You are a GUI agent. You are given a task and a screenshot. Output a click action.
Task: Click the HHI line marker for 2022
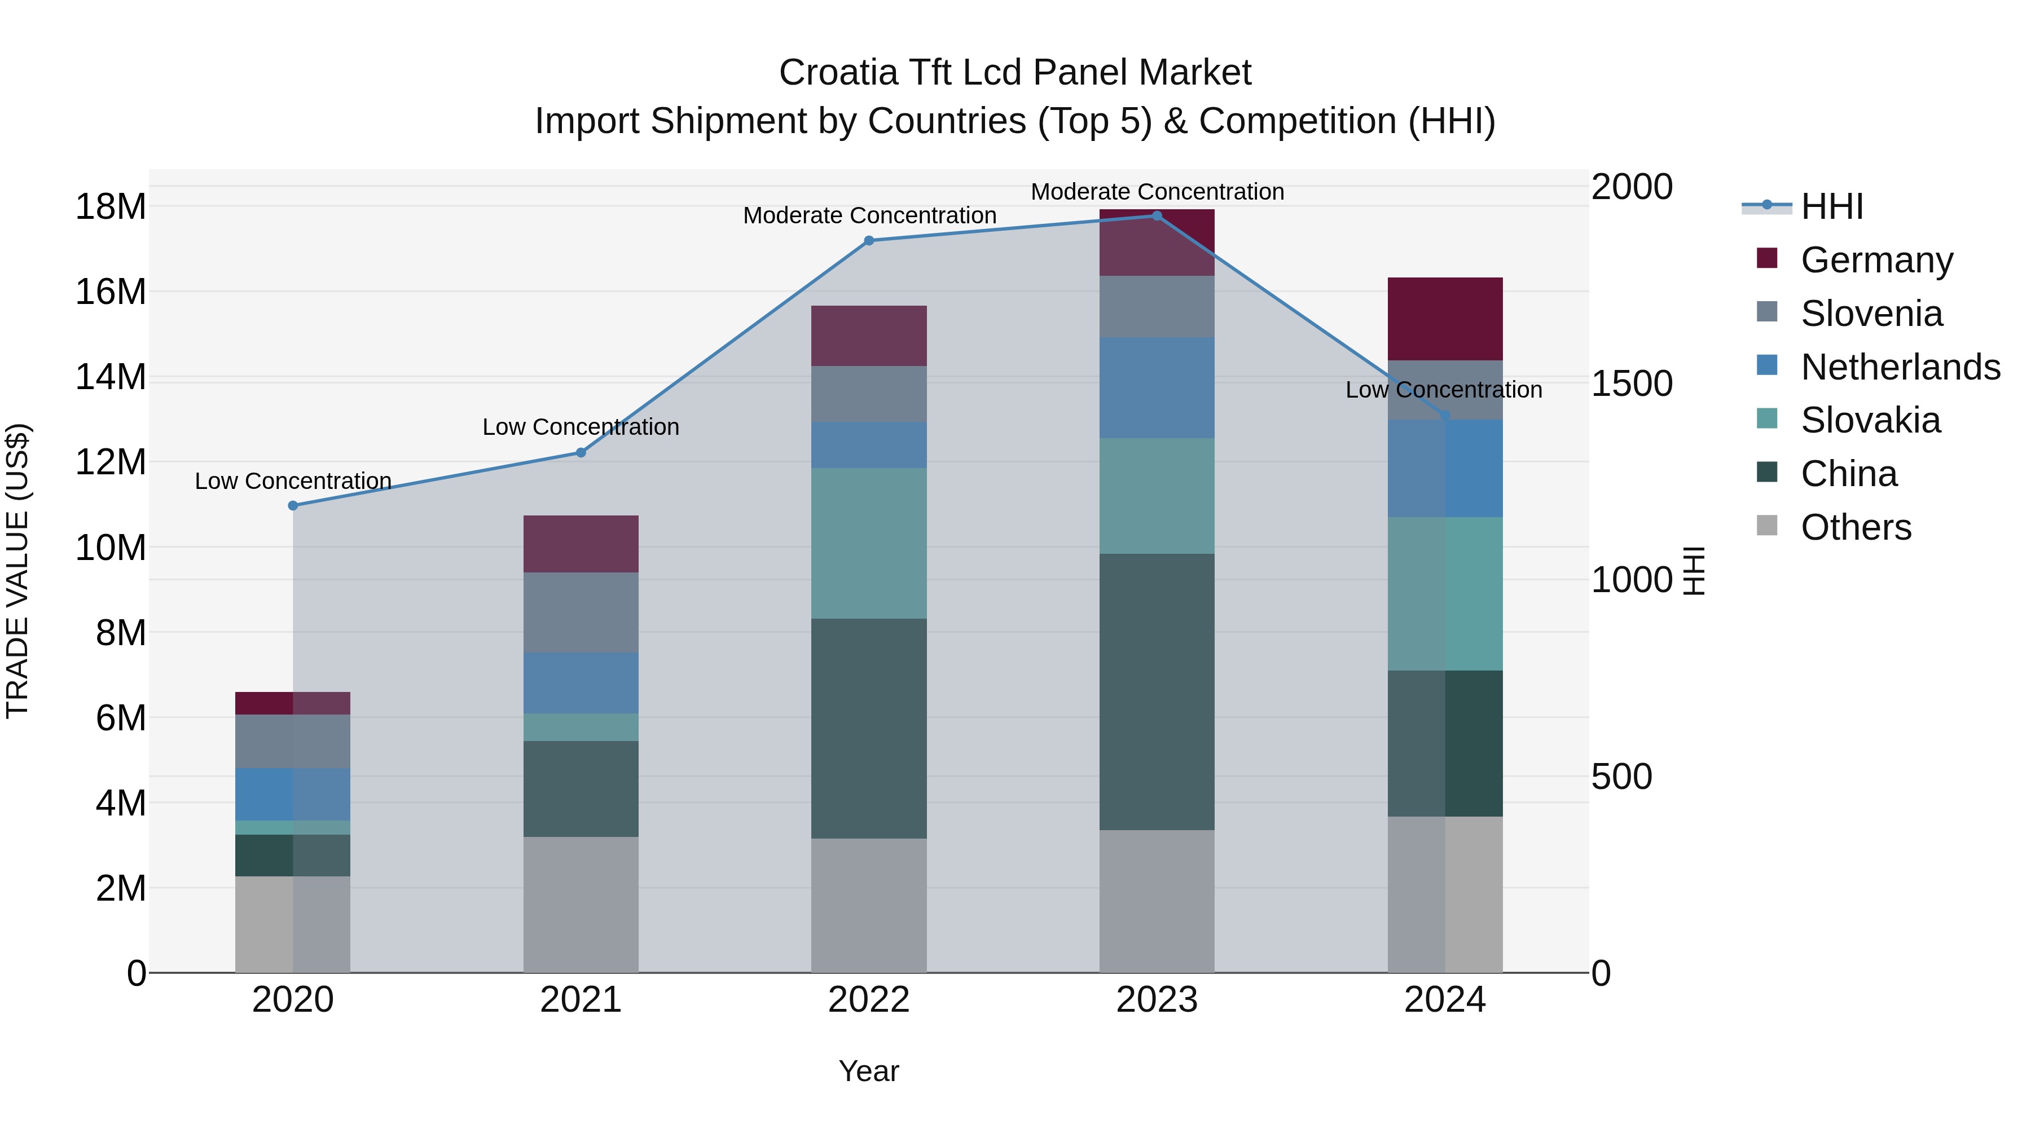869,240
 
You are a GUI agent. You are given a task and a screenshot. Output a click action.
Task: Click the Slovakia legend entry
1870,420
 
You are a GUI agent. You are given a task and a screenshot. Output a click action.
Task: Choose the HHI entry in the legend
1831,206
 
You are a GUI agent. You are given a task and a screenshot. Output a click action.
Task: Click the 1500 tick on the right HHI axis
1631,384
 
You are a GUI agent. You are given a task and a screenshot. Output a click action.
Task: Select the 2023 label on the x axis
1157,1000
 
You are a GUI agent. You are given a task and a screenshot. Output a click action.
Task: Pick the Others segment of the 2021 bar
581,904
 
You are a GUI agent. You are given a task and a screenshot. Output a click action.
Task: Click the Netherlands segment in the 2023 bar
1157,388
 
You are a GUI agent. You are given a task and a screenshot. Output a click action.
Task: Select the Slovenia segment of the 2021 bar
581,612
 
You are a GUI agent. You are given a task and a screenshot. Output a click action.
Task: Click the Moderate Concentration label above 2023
1157,192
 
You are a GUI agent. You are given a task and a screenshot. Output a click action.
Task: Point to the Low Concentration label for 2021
581,427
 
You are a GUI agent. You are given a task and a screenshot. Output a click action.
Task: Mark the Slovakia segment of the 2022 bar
869,543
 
